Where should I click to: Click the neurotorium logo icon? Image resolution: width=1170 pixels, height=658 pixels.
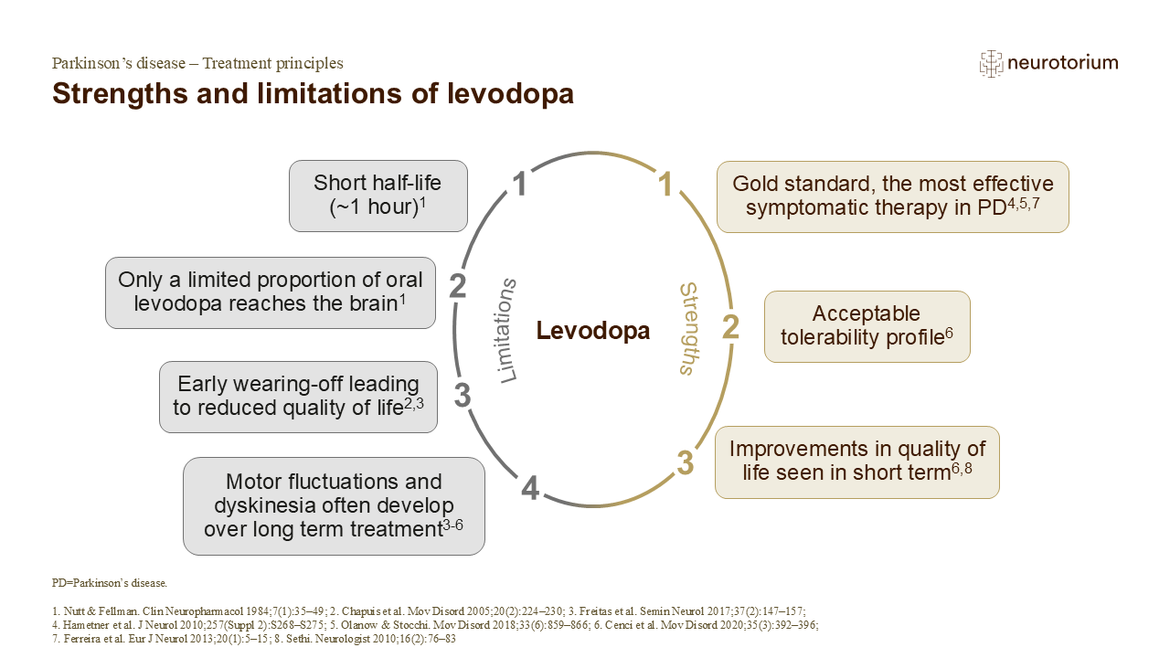point(991,64)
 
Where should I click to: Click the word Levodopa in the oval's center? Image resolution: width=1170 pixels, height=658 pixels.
point(593,331)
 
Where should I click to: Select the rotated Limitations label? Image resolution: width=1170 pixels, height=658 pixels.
point(505,331)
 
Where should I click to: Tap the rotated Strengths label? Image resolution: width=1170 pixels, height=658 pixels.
point(689,329)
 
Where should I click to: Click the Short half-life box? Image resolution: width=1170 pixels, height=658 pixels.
point(378,196)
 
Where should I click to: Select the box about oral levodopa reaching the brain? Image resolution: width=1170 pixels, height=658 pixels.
point(270,292)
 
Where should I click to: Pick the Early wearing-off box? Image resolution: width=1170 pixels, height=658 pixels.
point(298,397)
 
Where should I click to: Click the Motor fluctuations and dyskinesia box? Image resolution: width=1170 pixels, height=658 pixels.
point(334,506)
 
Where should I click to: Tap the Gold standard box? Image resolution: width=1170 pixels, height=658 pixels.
point(893,196)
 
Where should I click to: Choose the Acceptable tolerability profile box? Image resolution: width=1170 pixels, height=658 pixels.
point(867,326)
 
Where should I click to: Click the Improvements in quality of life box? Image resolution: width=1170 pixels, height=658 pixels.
point(857,462)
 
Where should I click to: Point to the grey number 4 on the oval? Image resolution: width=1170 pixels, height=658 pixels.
point(530,489)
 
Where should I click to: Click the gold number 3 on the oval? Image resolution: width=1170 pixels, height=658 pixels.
point(686,462)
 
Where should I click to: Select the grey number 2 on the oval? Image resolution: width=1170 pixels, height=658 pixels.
point(458,286)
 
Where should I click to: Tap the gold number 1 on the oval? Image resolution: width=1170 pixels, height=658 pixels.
point(665,184)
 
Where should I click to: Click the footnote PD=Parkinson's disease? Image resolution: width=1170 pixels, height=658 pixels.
point(110,583)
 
